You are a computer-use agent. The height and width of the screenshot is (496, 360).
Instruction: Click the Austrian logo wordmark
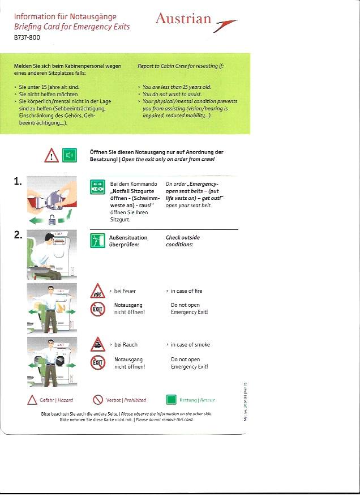point(184,19)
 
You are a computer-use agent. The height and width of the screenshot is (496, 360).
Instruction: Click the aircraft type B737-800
point(27,37)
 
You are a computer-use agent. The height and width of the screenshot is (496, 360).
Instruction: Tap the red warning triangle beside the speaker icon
point(52,155)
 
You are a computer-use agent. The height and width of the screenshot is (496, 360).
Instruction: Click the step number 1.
point(18,182)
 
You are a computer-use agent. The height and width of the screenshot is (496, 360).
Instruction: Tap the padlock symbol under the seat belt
point(52,220)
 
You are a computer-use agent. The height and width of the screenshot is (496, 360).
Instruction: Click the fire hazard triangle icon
point(97,292)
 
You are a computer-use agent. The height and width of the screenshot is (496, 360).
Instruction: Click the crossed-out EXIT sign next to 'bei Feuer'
point(97,309)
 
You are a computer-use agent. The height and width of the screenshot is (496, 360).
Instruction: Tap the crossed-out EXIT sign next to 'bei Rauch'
point(97,362)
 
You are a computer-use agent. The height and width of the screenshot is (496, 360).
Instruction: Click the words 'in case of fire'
point(186,291)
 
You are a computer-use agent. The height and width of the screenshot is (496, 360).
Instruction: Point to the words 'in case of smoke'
point(188,345)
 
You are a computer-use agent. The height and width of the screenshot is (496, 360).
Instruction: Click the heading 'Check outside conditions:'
point(182,241)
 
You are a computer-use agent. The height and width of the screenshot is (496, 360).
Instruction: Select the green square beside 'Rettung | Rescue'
point(171,400)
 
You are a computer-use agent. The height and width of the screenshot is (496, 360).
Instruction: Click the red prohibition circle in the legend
point(98,400)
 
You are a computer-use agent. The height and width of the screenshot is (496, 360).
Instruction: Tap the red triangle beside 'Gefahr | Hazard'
point(32,400)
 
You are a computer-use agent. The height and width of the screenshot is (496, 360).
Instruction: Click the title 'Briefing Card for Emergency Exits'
point(72,27)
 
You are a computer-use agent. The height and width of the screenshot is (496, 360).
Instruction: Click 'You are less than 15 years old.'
point(177,87)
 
